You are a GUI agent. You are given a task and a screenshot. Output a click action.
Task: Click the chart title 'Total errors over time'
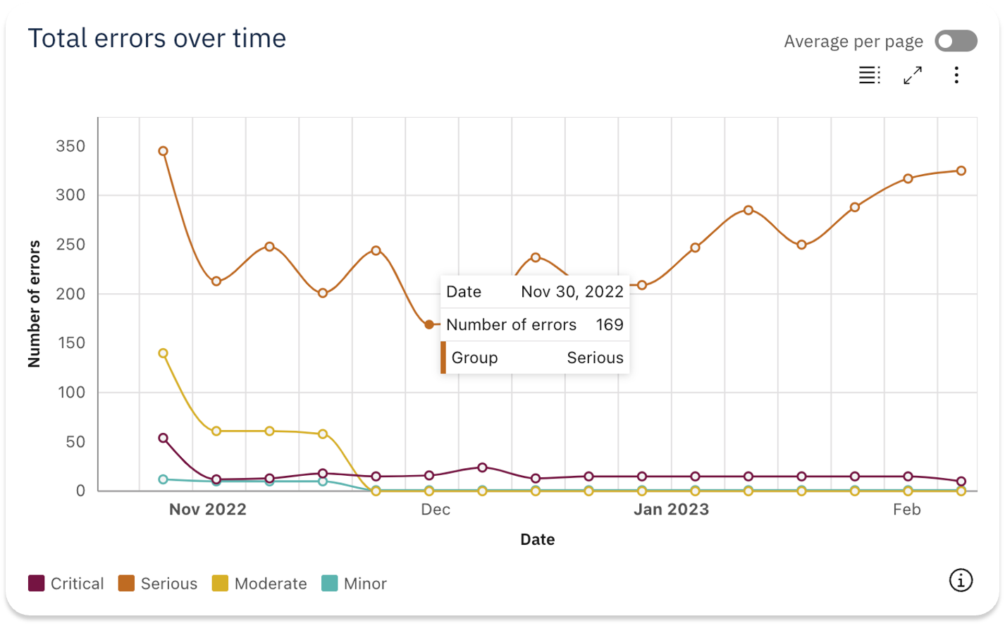click(x=156, y=38)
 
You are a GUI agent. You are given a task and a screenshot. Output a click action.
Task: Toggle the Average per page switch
click(x=956, y=41)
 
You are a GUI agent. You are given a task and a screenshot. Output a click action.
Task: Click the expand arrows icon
click(x=913, y=75)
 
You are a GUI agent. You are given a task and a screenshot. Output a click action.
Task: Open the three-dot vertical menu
click(x=956, y=75)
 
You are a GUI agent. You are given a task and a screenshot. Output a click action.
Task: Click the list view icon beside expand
click(x=869, y=75)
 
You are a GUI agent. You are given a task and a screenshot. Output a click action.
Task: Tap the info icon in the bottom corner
click(x=960, y=580)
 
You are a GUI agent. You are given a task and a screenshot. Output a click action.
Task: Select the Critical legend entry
click(x=66, y=584)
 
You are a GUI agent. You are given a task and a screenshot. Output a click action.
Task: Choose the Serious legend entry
click(x=158, y=584)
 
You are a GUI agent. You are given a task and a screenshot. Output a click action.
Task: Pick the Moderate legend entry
click(x=259, y=584)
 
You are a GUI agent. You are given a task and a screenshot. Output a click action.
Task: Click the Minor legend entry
click(x=354, y=584)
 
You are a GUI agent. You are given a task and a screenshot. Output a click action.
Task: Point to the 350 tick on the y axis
click(x=70, y=146)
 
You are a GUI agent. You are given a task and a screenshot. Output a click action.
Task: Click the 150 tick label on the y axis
click(x=70, y=343)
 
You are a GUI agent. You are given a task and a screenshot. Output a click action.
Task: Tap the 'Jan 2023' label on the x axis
click(x=671, y=510)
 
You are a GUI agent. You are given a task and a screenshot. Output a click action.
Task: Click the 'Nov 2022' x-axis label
click(x=208, y=510)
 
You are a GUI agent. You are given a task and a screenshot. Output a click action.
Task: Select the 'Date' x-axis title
click(x=537, y=539)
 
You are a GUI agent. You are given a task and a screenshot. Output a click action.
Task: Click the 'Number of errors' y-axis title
click(x=35, y=304)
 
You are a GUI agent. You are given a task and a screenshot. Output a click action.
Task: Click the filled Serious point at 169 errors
click(x=429, y=324)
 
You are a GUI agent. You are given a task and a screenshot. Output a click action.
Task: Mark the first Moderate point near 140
click(x=163, y=353)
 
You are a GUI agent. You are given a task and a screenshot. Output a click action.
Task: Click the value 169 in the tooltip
click(x=609, y=324)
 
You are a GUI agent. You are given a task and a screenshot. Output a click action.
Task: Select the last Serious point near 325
click(x=961, y=171)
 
